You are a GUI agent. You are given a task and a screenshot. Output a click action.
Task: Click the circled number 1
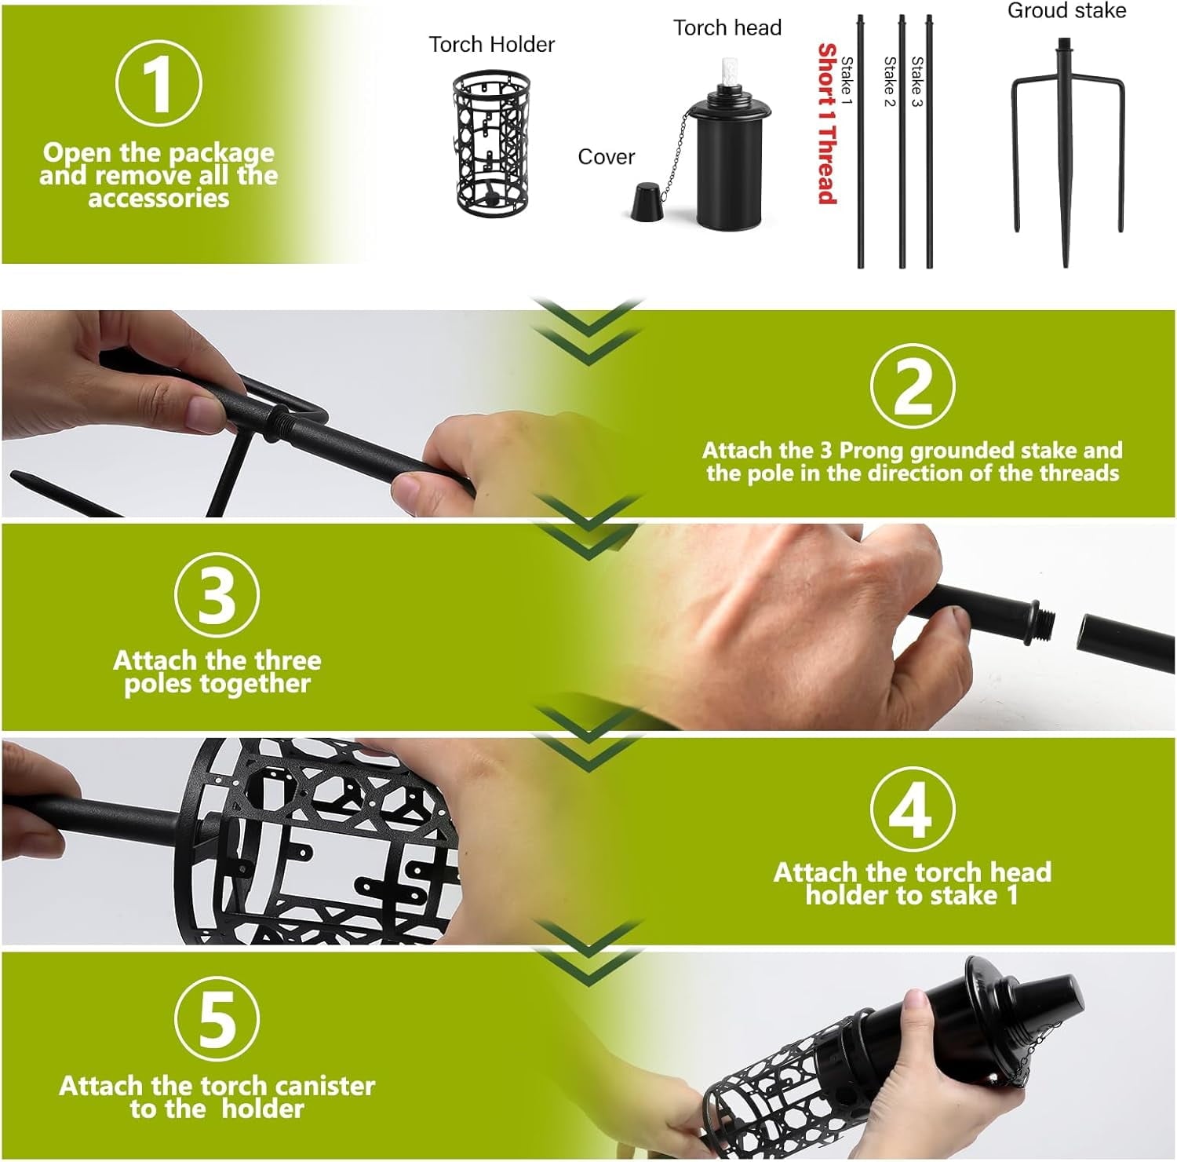pos(159,83)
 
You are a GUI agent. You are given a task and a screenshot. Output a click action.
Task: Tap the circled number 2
pos(912,386)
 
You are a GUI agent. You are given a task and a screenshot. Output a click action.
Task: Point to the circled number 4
pos(912,809)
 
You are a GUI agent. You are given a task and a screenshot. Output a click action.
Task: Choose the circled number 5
pos(217,1020)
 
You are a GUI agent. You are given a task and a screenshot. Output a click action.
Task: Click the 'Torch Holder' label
pos(491,45)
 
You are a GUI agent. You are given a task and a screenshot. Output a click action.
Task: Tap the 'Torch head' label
pos(727,28)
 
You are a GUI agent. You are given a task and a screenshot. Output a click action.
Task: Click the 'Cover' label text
pos(606,157)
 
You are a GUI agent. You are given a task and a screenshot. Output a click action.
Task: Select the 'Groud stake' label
pos(1066,11)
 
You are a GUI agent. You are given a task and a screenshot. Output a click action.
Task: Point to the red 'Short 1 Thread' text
pos(826,124)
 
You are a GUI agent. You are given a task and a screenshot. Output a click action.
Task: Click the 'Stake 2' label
pos(889,82)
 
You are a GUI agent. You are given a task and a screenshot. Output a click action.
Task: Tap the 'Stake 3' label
pos(916,82)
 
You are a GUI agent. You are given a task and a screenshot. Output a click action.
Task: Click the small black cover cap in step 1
pos(647,203)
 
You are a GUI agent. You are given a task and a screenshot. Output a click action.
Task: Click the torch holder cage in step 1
pos(491,141)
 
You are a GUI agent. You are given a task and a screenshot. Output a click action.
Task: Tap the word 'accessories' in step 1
pos(159,199)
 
